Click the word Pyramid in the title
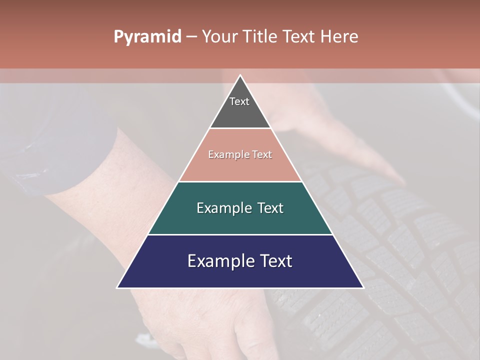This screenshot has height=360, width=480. coord(147,37)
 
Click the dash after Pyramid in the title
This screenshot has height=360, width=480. coord(191,37)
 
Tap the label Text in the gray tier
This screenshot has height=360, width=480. coord(239,101)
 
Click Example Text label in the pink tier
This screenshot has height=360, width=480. coord(240,154)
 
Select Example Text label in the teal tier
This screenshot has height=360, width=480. coord(240,208)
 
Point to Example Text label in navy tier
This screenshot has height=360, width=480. coord(240,261)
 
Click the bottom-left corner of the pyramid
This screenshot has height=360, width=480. coord(117,287)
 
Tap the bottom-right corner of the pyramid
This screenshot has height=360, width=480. coord(363,287)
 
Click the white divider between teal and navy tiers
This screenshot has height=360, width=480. coord(240,234)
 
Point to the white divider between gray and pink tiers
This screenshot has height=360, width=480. coord(240,128)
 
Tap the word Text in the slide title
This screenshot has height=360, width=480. coord(298,37)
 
